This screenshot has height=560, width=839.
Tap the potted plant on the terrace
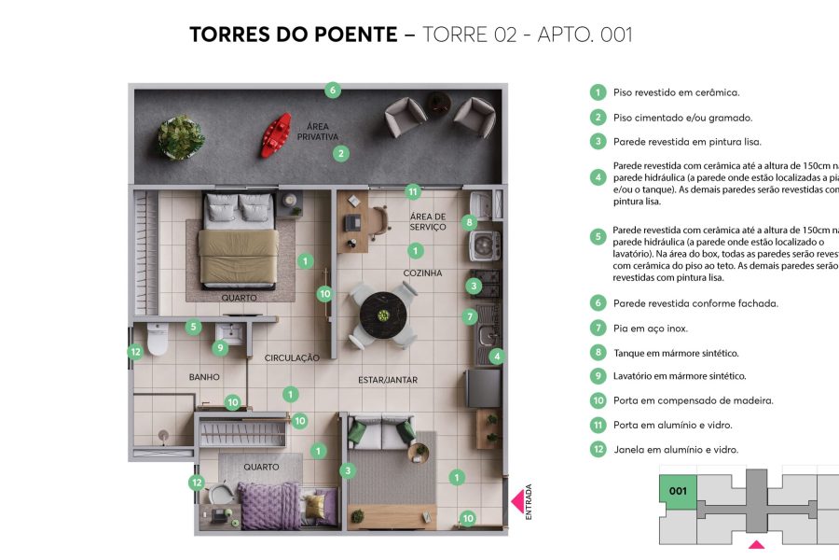click(x=181, y=137)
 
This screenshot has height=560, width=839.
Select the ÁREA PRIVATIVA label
click(x=318, y=132)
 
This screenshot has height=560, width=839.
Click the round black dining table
click(x=380, y=311)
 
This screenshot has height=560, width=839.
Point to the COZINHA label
click(x=422, y=273)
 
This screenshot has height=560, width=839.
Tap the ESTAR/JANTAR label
click(x=388, y=380)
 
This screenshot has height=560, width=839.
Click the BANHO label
click(x=204, y=377)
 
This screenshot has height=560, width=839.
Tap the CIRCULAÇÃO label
click(x=292, y=357)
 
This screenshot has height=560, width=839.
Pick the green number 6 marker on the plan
click(x=333, y=91)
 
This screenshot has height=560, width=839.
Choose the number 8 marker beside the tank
click(x=470, y=222)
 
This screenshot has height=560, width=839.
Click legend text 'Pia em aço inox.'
click(x=650, y=329)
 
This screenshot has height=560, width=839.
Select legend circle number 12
click(x=598, y=449)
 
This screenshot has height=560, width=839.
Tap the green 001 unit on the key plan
click(x=678, y=491)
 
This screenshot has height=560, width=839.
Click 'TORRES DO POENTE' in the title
click(x=294, y=35)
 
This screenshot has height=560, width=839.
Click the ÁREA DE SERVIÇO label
click(x=428, y=222)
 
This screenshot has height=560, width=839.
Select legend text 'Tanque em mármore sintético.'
click(x=675, y=353)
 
